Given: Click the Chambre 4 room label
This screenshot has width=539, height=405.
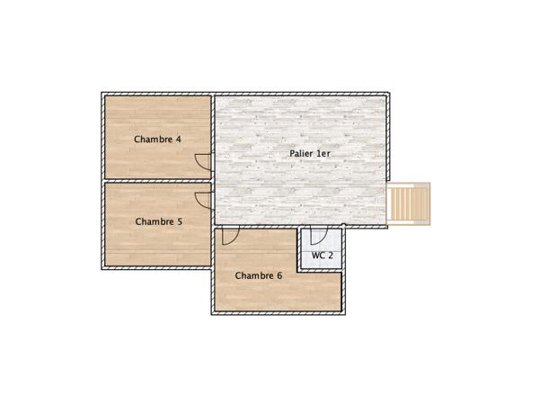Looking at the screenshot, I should click(157, 139).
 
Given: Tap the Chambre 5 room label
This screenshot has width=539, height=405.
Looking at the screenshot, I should click(159, 221).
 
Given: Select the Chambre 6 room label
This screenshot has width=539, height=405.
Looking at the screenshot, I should click(258, 275).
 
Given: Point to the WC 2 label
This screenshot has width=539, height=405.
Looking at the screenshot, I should click(323, 256).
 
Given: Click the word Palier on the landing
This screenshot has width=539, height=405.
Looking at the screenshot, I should click(301, 154).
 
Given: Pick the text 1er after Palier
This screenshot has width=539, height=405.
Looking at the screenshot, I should click(323, 154).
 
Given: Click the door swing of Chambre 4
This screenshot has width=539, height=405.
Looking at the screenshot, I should click(204, 161).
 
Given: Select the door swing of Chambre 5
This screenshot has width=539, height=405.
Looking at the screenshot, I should click(204, 200).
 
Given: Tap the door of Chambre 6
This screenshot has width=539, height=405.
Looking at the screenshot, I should click(229, 236).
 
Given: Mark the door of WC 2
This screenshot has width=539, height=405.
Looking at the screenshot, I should click(317, 236).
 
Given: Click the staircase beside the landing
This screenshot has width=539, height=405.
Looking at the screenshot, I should click(409, 203).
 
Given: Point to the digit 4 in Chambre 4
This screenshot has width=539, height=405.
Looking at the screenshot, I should click(178, 139).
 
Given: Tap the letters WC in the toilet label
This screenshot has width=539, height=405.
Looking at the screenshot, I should click(318, 256).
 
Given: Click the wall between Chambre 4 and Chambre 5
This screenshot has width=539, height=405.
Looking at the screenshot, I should click(157, 180).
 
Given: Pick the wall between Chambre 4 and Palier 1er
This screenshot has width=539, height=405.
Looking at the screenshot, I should click(213, 126).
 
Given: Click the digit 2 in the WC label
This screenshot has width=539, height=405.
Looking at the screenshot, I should click(331, 256).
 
